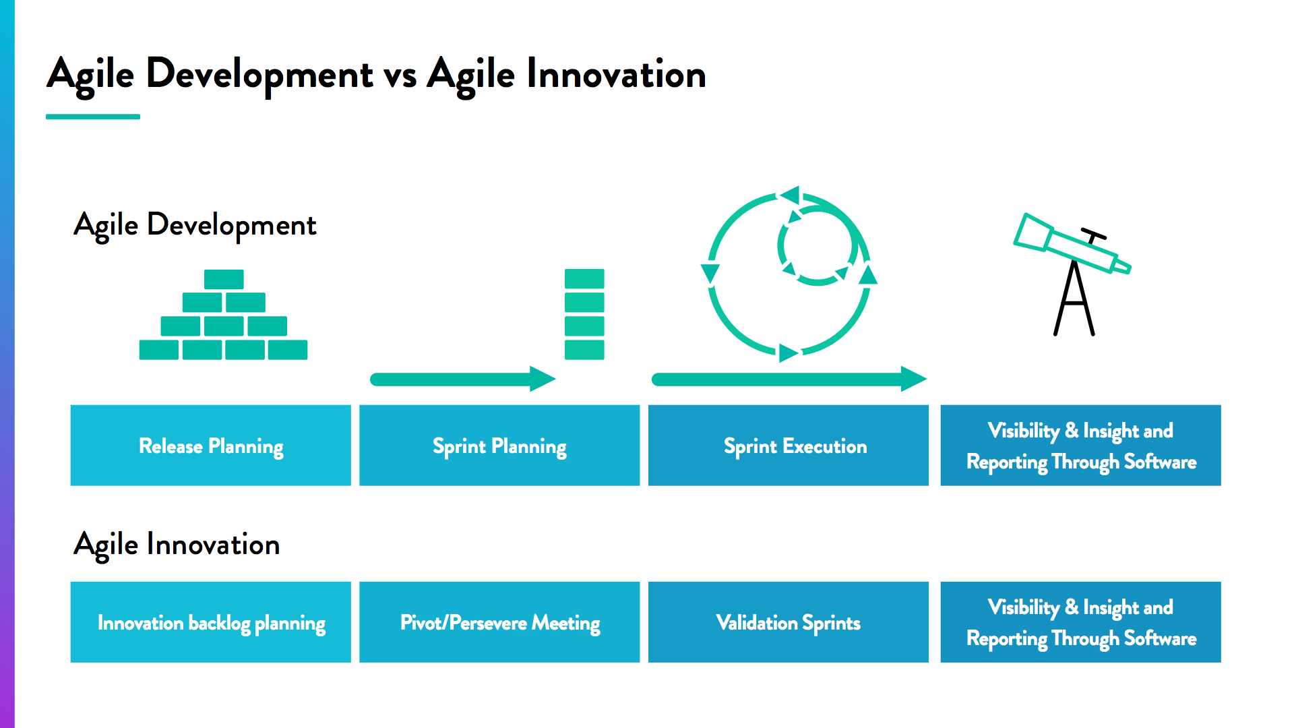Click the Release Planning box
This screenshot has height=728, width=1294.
[210, 446]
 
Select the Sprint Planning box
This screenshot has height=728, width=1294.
[499, 446]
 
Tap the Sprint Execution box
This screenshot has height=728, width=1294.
[788, 446]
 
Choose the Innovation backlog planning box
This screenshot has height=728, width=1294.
[210, 622]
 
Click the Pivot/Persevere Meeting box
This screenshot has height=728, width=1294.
[499, 622]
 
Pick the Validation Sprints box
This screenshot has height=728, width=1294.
[788, 622]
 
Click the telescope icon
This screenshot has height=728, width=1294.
[1072, 270]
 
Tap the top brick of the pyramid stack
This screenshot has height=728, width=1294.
[224, 279]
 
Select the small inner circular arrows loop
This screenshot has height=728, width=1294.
[818, 245]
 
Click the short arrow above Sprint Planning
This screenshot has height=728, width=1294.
[462, 380]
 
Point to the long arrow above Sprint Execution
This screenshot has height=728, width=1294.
[789, 380]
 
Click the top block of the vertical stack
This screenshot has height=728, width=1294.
[584, 279]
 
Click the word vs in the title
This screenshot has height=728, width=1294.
[400, 75]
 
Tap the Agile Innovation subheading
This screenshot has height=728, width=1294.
[177, 545]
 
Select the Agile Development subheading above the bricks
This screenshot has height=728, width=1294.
[195, 225]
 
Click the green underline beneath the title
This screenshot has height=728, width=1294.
[93, 117]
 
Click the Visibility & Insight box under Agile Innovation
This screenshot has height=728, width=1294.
[1080, 622]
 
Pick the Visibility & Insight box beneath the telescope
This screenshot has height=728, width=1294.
[1080, 446]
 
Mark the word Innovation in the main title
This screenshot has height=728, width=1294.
[616, 75]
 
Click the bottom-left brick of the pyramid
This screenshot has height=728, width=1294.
[159, 350]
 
